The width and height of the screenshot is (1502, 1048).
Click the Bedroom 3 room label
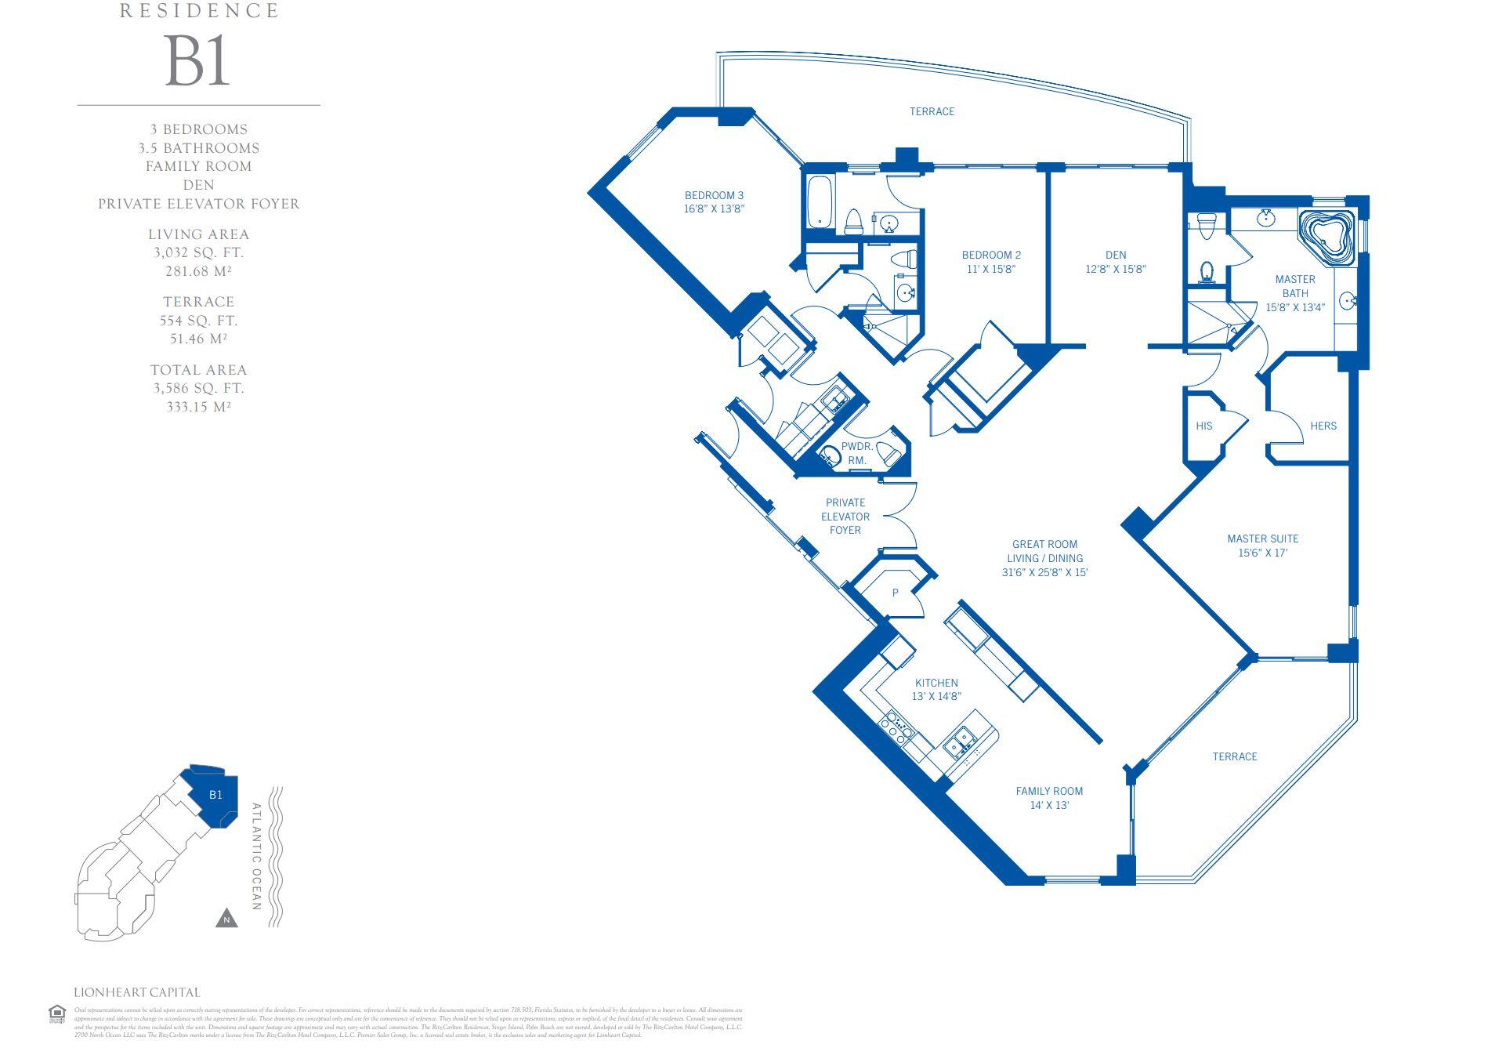coord(714,195)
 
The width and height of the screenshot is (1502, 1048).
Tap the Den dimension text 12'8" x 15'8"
coord(1116,269)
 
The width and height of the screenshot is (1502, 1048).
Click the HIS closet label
coord(1204,426)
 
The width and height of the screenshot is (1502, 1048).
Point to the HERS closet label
coord(1323,426)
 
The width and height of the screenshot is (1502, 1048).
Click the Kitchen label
coord(936,683)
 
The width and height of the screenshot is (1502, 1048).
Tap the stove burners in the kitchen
coord(896,729)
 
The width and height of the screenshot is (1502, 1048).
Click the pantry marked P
coord(895,593)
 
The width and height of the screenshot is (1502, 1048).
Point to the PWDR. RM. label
coord(856,453)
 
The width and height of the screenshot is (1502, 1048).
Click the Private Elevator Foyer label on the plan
coord(845,517)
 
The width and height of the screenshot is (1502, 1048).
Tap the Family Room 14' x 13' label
coord(1049,798)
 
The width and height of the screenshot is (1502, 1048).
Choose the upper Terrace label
coord(932,112)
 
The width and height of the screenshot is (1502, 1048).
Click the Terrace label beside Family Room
coord(1234,756)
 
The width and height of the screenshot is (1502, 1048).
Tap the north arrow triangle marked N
coord(226,919)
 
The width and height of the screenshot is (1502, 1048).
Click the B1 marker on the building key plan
coord(215,795)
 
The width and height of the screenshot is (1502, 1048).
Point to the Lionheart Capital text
coord(137,992)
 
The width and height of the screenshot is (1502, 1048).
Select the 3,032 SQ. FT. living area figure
coord(198,252)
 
